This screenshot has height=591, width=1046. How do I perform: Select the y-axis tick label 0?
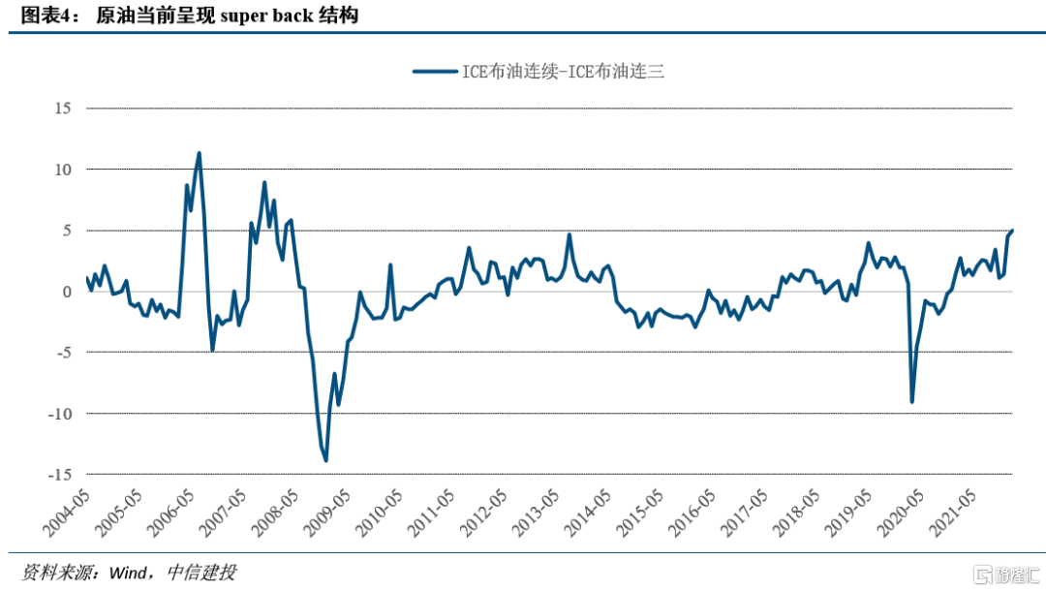click(x=66, y=292)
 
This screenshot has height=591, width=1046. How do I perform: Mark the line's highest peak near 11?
click(x=199, y=153)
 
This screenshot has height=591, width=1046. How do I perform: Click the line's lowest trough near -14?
click(x=326, y=460)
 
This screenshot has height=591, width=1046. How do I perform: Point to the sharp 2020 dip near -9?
click(x=911, y=401)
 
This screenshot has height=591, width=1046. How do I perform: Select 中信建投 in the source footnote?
click(x=201, y=573)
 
